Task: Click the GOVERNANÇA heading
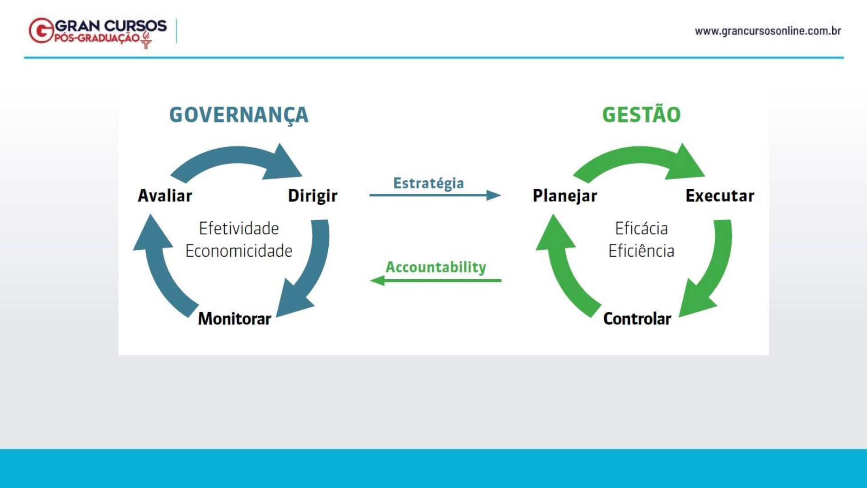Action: [239, 115]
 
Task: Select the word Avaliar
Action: [165, 196]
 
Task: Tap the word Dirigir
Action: [312, 196]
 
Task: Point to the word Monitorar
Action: [234, 319]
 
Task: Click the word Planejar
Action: [565, 196]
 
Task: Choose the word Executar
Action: [720, 196]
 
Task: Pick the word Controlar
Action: [637, 319]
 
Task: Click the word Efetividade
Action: [239, 228]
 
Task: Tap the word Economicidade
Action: [239, 251]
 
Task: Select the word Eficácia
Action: [641, 228]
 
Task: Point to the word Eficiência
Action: [641, 251]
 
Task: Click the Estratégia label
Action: [429, 183]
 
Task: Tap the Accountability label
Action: [436, 267]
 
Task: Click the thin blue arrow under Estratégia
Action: [435, 195]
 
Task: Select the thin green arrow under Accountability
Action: [435, 281]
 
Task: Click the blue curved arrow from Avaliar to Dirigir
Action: [237, 156]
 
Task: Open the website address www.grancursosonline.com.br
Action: [768, 31]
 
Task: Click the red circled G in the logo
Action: [42, 31]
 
